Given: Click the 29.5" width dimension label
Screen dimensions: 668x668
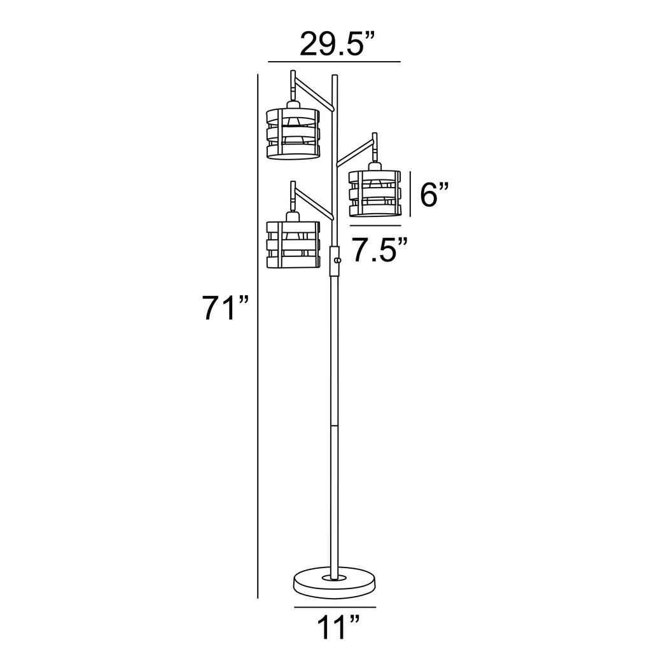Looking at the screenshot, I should point(335,45).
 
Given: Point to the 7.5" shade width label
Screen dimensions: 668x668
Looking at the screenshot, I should point(380,250).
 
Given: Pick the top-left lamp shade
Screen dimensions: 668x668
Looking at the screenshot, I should point(292,134).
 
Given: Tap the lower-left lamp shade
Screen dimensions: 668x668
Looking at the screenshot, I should point(292,244).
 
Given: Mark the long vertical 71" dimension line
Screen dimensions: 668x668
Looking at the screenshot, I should point(258,337).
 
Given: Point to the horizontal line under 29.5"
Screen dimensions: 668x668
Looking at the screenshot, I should point(335,62).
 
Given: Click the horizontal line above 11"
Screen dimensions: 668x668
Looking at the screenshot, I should point(335,608).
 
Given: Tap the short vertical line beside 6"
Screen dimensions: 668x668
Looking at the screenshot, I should point(410,194).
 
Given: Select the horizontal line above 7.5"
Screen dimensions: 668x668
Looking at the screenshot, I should point(375,226).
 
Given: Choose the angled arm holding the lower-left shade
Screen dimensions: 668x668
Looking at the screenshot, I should point(314,205).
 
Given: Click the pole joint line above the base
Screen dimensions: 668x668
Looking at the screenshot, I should point(335,425).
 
